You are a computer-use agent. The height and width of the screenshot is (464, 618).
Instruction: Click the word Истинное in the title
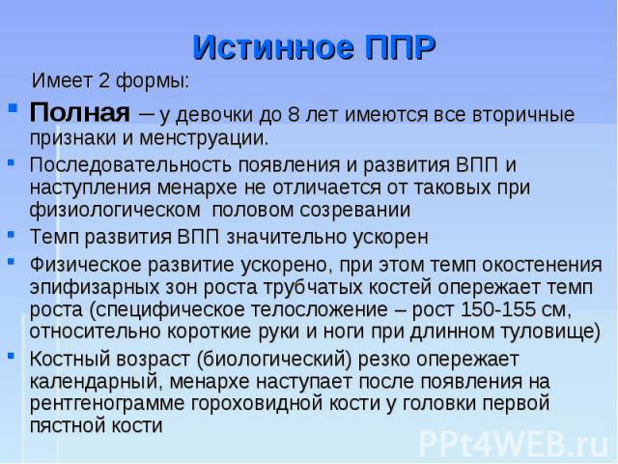(x=273, y=47)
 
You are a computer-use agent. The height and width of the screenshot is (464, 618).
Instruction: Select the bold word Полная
(x=79, y=112)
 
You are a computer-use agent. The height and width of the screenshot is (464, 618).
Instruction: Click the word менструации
(x=204, y=138)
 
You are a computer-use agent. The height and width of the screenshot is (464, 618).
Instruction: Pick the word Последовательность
(x=130, y=164)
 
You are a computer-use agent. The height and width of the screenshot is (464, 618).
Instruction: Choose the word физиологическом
(x=115, y=210)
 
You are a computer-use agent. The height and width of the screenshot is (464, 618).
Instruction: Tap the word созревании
(x=354, y=210)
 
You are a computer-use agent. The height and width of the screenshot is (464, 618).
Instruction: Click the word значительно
(x=286, y=237)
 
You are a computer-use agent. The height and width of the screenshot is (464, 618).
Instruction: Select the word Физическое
(x=86, y=264)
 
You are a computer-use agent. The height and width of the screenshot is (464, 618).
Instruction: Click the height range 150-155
(x=498, y=309)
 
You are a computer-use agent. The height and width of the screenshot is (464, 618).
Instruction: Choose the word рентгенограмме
(x=107, y=404)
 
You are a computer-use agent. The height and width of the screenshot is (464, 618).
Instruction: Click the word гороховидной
(x=257, y=404)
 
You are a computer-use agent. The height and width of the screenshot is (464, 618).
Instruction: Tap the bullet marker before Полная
(x=13, y=107)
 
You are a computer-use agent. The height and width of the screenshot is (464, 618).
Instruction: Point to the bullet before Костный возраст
(x=11, y=355)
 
